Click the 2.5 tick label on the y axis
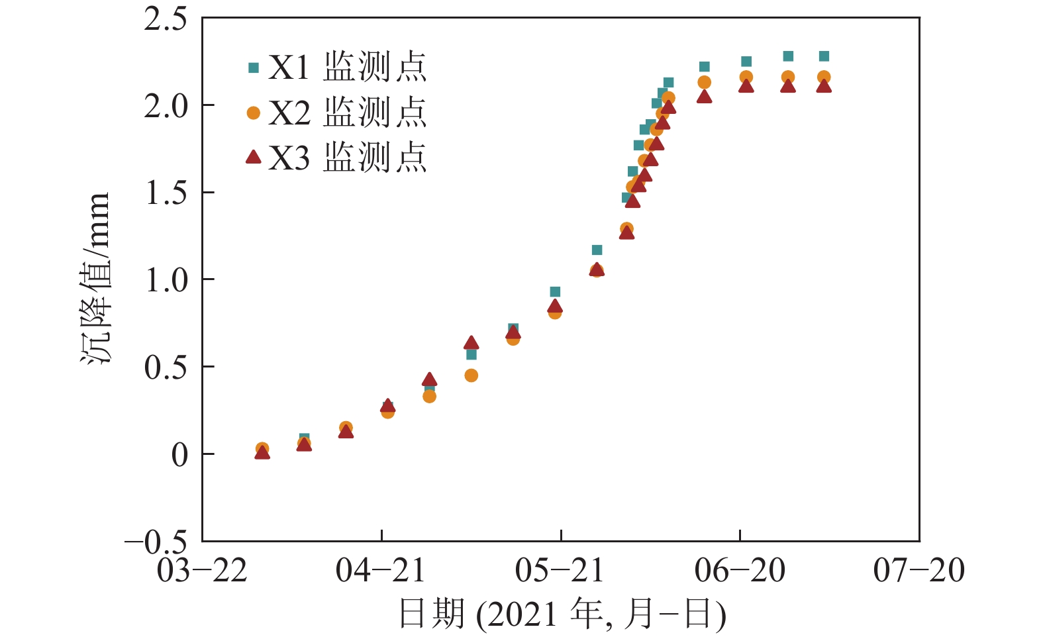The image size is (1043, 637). coord(166,19)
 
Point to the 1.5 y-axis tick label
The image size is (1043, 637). coord(166,193)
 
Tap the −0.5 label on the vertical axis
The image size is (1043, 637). coord(156,543)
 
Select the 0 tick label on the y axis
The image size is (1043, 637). coord(179,455)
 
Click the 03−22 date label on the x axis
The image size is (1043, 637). coord(202,570)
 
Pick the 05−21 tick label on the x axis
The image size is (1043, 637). coord(560,570)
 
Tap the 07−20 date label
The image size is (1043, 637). coord(919,570)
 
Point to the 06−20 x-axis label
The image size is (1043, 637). coord(740,570)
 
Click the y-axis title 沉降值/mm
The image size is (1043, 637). coord(95,278)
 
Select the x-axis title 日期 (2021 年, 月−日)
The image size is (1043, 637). coord(562,614)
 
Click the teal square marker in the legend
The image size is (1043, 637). coord(253,68)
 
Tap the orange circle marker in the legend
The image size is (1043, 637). coord(253,113)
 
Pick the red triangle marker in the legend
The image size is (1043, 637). coord(253,157)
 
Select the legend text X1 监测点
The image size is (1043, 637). coord(348,67)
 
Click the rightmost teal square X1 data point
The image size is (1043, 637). coord(824,56)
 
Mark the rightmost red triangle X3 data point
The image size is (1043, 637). coord(824,85)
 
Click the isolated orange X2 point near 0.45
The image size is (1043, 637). coord(471,375)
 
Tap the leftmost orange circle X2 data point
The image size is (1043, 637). coord(262,448)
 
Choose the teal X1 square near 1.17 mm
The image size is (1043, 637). coord(597,250)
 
